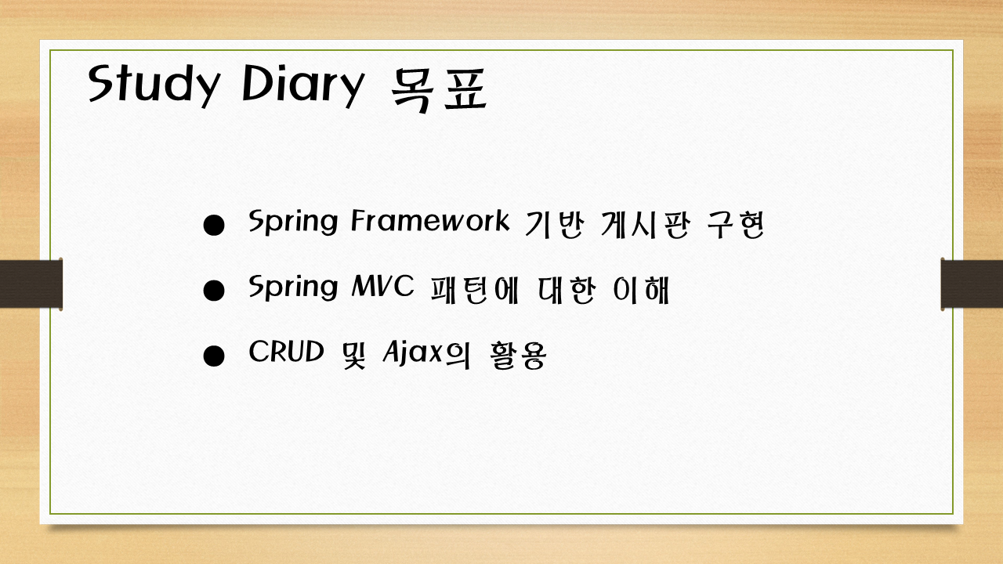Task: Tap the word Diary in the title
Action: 302,85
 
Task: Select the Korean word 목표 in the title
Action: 439,89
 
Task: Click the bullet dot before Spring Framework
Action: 214,225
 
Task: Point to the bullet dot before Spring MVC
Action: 214,291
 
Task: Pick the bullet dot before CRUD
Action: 214,356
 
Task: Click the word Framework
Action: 430,220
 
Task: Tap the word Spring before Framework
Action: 293,222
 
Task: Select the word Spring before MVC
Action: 293,287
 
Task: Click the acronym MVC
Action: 383,286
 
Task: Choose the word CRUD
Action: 286,352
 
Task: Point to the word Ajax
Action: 413,352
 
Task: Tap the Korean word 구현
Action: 736,225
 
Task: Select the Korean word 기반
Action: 554,225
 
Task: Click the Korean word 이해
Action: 641,290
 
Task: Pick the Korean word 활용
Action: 518,356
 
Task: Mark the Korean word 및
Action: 353,356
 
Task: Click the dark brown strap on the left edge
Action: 31,284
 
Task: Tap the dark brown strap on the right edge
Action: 972,284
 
